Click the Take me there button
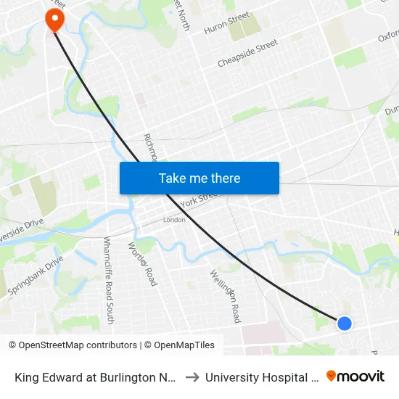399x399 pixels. (x=199, y=178)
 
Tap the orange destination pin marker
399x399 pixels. (x=54, y=19)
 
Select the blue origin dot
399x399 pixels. (x=345, y=323)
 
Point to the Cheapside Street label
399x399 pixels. (x=247, y=54)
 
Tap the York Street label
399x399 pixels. (x=198, y=199)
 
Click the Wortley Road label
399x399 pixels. (x=142, y=263)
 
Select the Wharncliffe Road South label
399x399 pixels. (x=108, y=269)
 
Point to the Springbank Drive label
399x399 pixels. (x=36, y=275)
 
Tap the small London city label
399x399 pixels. (x=174, y=220)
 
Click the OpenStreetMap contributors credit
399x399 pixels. (x=78, y=345)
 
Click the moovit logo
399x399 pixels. (x=355, y=377)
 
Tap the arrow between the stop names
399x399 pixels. (x=192, y=377)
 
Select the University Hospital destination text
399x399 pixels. (x=262, y=377)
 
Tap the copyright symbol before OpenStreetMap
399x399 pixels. (x=12, y=345)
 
